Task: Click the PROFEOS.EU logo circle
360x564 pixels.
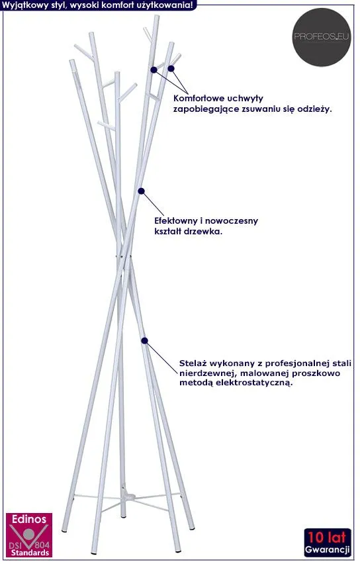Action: (x=321, y=37)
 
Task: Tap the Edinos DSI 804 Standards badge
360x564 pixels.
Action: (x=29, y=535)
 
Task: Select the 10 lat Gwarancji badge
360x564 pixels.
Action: (x=327, y=542)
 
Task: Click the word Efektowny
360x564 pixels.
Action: (x=176, y=220)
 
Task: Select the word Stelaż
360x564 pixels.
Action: (x=192, y=363)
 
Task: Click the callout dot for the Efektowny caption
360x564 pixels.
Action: (x=142, y=191)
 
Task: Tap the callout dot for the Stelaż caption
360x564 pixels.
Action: (x=144, y=340)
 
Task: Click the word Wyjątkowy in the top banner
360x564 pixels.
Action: (x=21, y=5)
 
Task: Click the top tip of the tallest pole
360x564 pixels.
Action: (x=156, y=16)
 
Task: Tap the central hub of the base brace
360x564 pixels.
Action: (x=126, y=498)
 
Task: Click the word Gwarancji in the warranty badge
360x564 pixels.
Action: (x=327, y=549)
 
